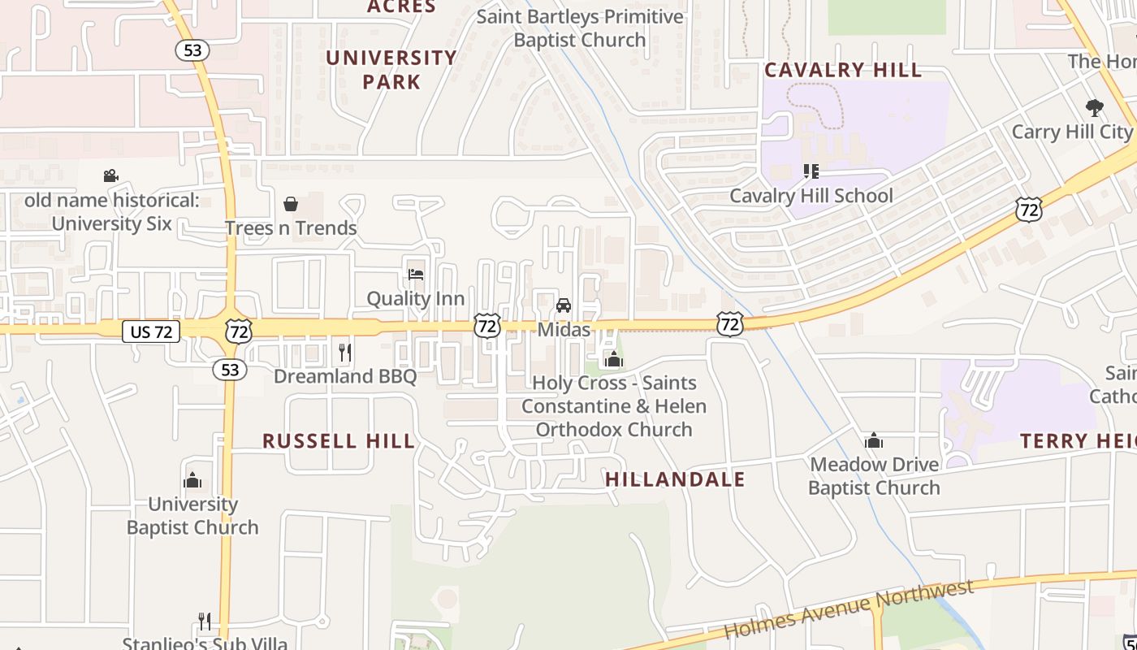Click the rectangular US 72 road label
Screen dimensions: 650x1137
[x=151, y=331]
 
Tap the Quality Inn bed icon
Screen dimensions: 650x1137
[x=416, y=275]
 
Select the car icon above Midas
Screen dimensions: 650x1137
[x=563, y=305]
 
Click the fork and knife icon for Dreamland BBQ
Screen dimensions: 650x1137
[x=345, y=352]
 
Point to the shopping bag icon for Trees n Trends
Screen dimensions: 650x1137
[x=291, y=204]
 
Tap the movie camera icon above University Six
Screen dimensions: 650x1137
[x=111, y=175]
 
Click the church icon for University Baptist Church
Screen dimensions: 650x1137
[x=192, y=480]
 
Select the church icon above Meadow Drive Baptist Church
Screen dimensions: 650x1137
[x=874, y=440]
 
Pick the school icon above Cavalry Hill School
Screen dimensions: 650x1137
[x=811, y=171]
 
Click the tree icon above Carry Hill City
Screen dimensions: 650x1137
[x=1095, y=107]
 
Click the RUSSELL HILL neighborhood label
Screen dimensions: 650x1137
[x=339, y=441]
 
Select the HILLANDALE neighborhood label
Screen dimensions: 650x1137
[x=675, y=479]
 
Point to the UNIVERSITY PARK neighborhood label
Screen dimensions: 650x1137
[x=391, y=69]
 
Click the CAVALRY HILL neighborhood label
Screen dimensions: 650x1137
[x=843, y=70]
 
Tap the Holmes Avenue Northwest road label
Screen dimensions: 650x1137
[x=848, y=609]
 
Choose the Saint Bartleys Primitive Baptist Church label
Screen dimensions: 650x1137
[x=580, y=28]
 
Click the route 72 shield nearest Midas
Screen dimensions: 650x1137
[x=487, y=327]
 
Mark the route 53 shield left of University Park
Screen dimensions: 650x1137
[x=192, y=50]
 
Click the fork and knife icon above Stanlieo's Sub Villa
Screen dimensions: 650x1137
[x=205, y=622]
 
